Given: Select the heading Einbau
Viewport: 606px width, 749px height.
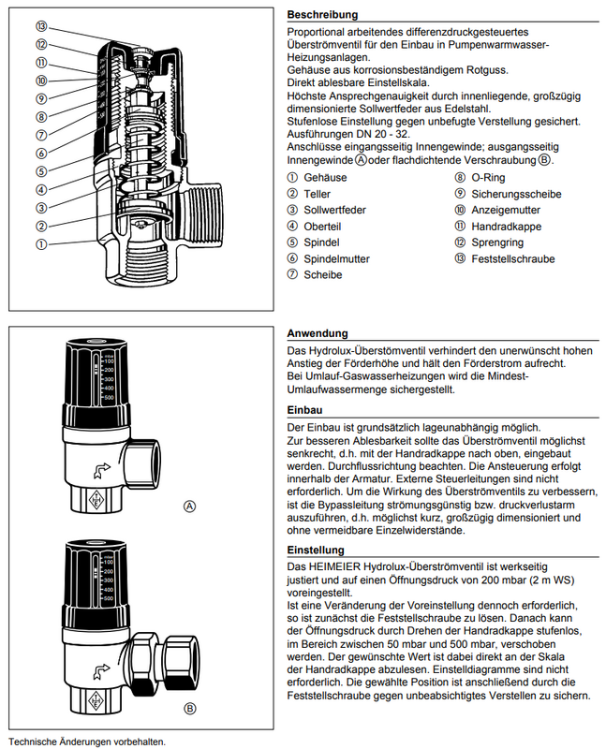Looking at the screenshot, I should [305, 410].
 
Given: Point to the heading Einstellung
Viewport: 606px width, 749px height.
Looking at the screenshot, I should [316, 551].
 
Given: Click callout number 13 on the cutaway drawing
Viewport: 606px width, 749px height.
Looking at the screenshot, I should [41, 26].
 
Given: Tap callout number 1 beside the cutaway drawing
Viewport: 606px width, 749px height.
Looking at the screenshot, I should [41, 243].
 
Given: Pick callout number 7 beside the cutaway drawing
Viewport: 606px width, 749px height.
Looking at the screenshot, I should [41, 135].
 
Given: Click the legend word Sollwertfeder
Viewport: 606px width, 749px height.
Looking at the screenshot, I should [334, 210].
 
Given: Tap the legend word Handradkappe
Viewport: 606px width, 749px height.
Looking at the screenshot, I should [507, 226].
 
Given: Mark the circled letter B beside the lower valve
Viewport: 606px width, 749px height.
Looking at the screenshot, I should [191, 708].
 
